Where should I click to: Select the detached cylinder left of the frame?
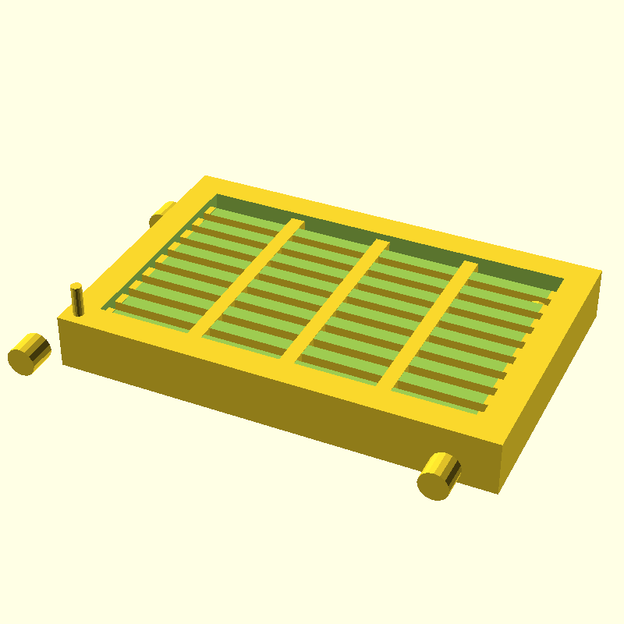[30, 353]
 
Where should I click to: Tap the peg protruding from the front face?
[440, 475]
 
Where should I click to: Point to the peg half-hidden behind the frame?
[163, 212]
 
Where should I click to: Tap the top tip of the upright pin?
[76, 287]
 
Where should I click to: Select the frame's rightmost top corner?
[601, 272]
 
